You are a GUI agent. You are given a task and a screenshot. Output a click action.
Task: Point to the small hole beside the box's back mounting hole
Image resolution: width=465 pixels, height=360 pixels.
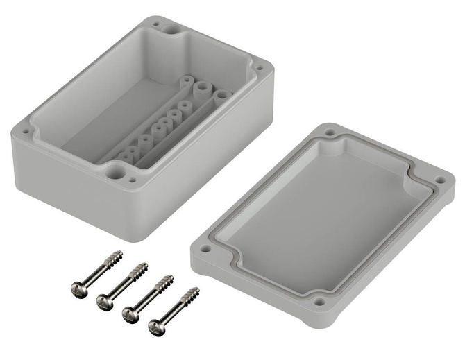[154, 24]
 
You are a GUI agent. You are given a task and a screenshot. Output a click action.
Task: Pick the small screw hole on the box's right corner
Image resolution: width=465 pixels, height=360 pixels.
[259, 68]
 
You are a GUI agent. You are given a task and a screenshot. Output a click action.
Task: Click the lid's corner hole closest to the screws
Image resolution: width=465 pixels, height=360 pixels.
[206, 246]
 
